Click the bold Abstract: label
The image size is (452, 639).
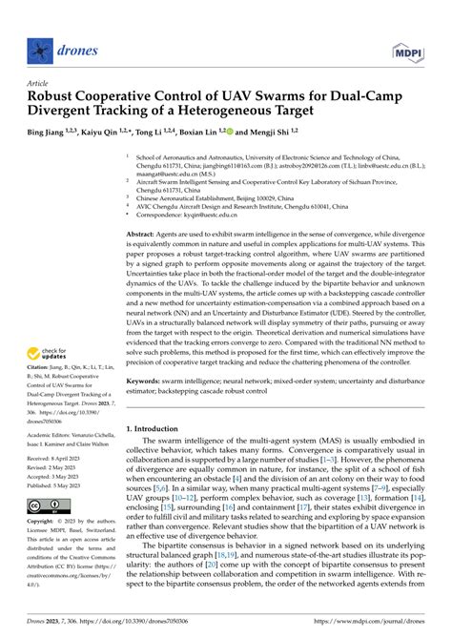tap(145, 234)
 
